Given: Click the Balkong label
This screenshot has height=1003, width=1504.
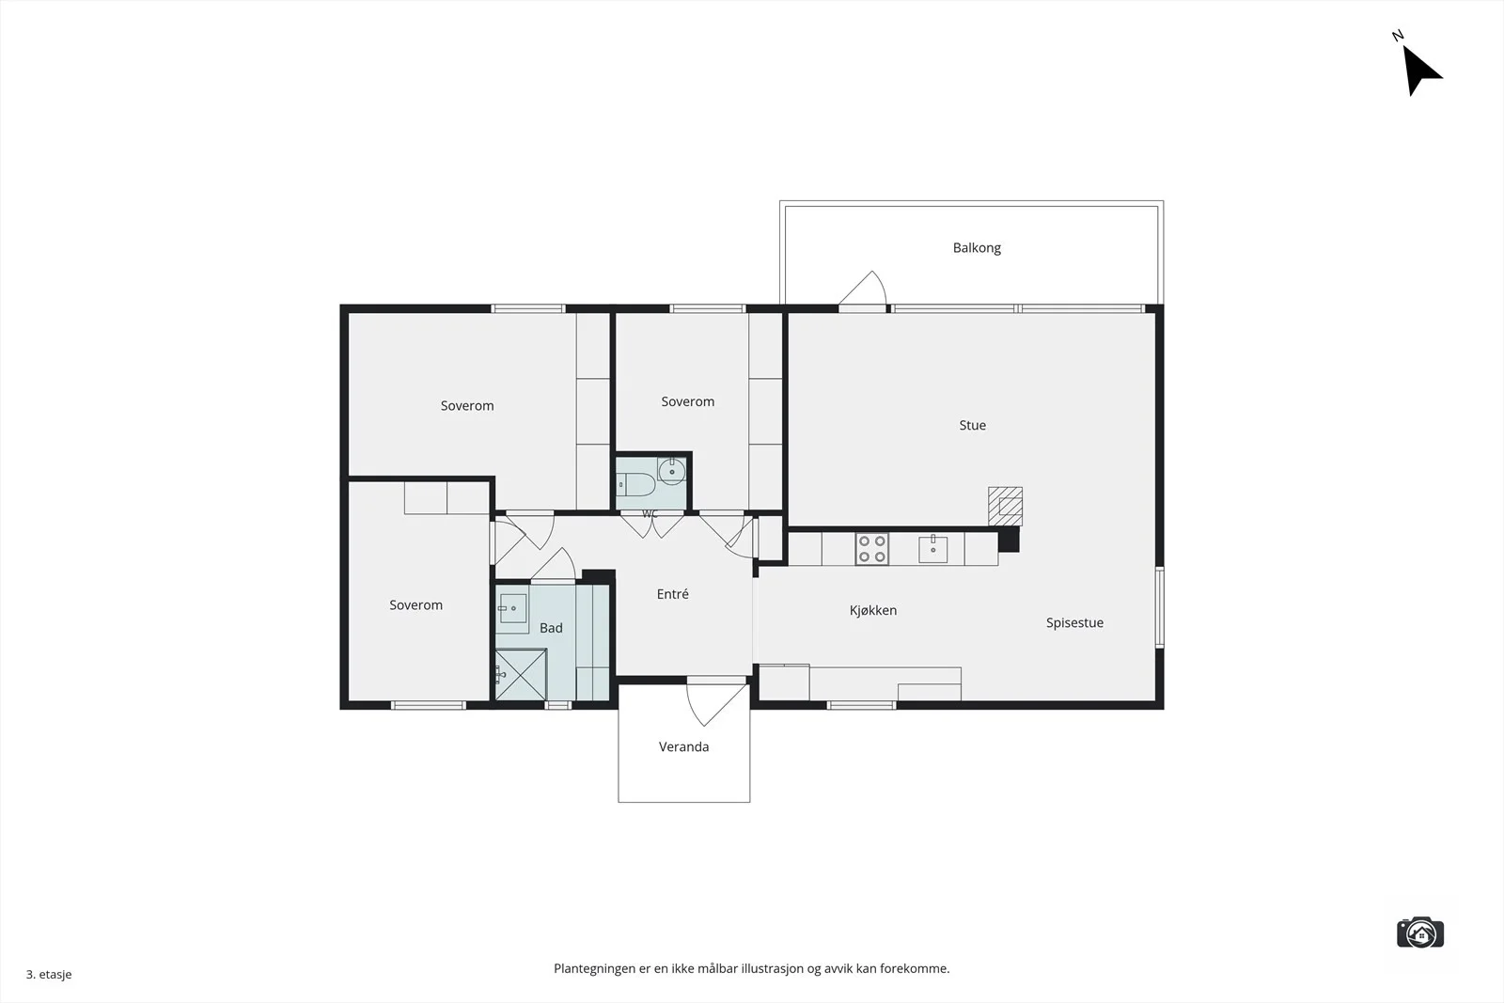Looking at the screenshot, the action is click(977, 248).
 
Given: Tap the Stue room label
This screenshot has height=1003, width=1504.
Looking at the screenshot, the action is click(972, 425).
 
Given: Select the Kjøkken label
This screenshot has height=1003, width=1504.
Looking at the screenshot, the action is click(873, 610).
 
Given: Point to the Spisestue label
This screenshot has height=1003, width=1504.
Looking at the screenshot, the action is click(1074, 622).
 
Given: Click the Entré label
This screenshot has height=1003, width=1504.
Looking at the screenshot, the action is click(672, 593).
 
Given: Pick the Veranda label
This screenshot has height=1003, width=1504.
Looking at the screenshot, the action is click(683, 746).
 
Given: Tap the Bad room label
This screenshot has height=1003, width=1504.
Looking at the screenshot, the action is click(551, 628).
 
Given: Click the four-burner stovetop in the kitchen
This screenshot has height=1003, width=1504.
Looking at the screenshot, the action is click(871, 548).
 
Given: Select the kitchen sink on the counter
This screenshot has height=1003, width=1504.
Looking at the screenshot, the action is click(932, 548).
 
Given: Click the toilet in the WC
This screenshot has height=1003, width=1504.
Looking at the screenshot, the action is click(635, 484).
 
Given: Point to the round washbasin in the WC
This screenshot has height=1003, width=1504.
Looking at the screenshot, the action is click(671, 471).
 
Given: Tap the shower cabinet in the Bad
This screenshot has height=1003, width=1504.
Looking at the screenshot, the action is click(521, 675).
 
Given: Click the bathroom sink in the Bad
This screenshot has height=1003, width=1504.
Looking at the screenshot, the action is click(512, 608).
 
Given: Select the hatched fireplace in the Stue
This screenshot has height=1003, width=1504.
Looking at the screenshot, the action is click(1005, 506).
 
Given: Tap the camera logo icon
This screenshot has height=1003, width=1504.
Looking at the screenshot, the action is click(1420, 932).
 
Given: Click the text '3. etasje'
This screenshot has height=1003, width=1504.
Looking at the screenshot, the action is click(49, 974).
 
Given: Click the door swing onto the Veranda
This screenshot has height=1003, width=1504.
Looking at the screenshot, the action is click(717, 701).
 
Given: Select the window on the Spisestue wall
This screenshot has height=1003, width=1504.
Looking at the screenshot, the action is click(1160, 607).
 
